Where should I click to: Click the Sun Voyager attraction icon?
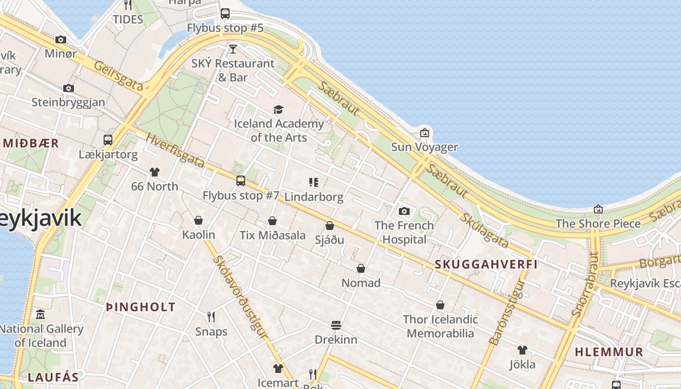(425, 132)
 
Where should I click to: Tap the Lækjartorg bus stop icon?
(108, 140)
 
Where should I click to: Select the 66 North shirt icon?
(155, 172)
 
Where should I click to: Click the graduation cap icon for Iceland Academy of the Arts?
(278, 109)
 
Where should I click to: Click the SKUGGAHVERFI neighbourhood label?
(486, 265)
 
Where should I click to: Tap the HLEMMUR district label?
(609, 352)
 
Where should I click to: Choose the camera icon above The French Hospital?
(404, 211)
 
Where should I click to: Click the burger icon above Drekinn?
(336, 325)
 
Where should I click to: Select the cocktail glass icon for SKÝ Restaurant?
(233, 49)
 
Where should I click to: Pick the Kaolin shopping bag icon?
(198, 220)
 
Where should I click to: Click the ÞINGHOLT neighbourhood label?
(141, 307)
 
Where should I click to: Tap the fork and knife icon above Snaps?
(211, 317)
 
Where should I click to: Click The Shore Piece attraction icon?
(598, 209)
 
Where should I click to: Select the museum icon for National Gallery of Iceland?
(40, 315)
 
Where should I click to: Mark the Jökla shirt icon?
(522, 350)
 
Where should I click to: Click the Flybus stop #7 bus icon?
(241, 181)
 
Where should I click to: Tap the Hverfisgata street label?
(175, 150)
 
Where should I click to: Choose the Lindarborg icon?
(314, 182)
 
